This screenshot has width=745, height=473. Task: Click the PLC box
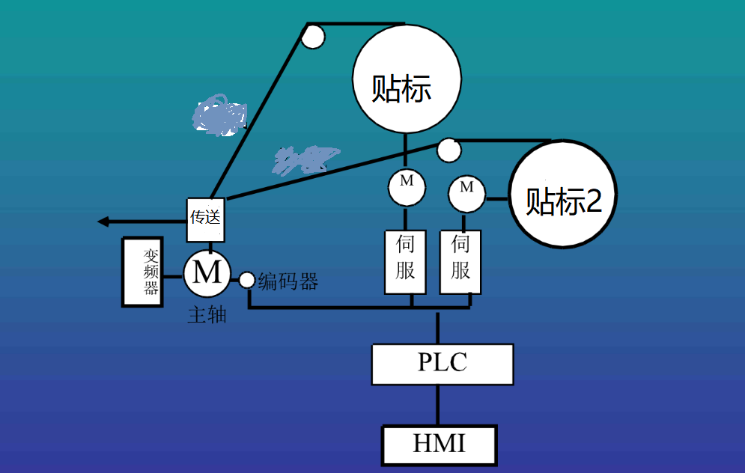point(443,364)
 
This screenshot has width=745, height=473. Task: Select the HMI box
point(440,445)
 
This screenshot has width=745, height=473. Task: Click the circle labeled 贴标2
point(564,194)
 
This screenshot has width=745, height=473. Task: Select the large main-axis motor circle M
point(207,273)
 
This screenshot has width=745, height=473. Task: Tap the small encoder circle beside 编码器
point(247,281)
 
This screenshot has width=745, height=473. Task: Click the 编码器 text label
point(288,282)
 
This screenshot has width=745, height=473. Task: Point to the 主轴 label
point(207,315)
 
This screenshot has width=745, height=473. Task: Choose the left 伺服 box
point(405,262)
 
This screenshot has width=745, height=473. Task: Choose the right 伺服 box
point(460,262)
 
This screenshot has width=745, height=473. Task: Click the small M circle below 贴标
point(407,187)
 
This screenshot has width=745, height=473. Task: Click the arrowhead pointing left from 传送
point(106,221)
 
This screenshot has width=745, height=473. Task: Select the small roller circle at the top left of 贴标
point(313,36)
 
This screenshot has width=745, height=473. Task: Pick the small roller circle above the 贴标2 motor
point(448,150)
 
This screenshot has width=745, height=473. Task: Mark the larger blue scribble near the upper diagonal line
point(219,115)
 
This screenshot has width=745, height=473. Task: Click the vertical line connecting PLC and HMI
point(439,406)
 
